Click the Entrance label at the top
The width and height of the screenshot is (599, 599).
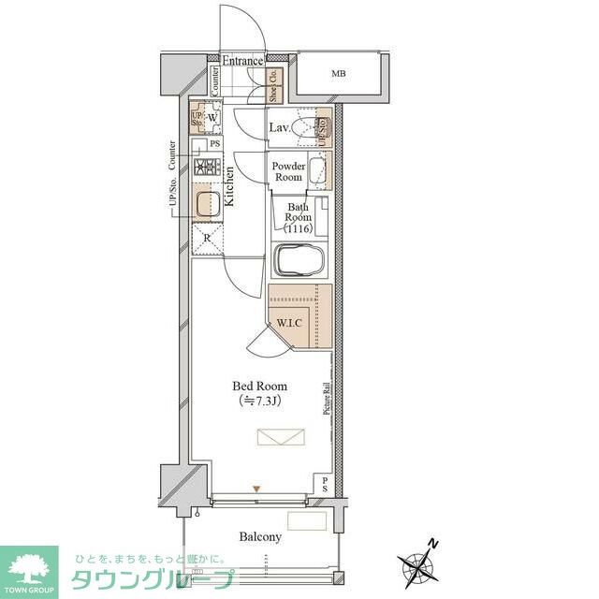[x=241, y=61]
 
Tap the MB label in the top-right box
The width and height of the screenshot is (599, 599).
[x=338, y=73]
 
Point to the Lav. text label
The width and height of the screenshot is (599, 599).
[x=279, y=127]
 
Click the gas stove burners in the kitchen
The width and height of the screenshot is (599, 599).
[x=206, y=168]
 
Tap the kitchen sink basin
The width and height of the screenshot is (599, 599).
[x=207, y=203]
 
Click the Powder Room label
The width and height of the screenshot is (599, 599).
[x=287, y=171]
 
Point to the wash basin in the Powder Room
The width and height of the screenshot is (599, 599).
[x=317, y=171]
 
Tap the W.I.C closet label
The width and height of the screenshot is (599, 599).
[x=288, y=324]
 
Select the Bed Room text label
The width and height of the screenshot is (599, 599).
[x=259, y=386]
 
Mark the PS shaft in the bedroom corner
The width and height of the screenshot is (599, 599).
[x=324, y=484]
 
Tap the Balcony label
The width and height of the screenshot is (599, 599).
[x=259, y=537]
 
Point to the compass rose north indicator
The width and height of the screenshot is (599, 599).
[x=416, y=563]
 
